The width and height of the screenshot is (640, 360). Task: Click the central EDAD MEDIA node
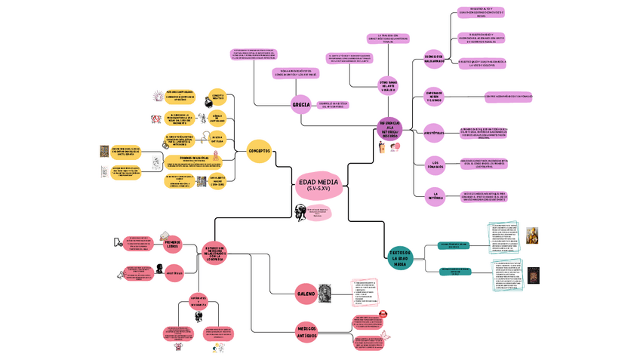pos(318,183)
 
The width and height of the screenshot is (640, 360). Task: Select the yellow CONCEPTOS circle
pos(259,151)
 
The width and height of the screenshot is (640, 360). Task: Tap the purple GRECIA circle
pos(300,105)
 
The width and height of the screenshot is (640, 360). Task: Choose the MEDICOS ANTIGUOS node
pos(307,332)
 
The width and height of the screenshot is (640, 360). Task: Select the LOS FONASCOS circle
pos(434,162)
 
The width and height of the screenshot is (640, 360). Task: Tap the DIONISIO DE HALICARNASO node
pos(434,57)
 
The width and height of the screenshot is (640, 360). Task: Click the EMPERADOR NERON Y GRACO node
pos(434,97)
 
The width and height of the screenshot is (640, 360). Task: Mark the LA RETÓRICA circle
pos(434,195)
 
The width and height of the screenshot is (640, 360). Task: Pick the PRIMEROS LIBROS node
pos(173,243)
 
